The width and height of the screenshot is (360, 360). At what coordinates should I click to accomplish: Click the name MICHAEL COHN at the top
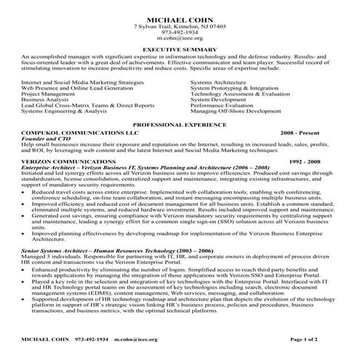pos(180,19)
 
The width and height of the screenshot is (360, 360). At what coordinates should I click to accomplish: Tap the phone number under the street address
pos(180,32)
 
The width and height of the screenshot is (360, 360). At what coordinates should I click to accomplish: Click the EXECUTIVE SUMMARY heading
pos(180,49)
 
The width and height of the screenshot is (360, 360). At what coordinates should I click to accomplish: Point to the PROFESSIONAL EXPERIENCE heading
pos(180,125)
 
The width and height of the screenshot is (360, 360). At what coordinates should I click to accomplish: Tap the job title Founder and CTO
pos(42,140)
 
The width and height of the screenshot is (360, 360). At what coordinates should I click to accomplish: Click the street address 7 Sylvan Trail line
pos(180,25)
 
